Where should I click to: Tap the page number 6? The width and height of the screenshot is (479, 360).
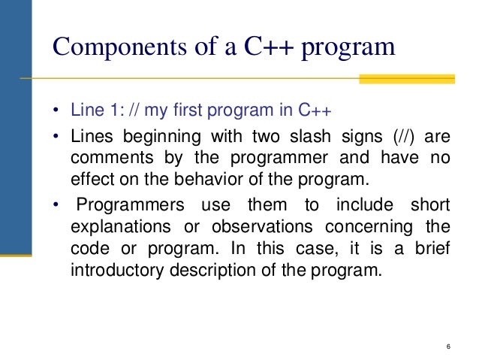pyautogui.click(x=447, y=346)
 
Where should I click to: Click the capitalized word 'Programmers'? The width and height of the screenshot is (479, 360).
pyautogui.click(x=126, y=205)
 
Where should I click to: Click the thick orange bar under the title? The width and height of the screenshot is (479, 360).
pyautogui.click(x=407, y=79)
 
